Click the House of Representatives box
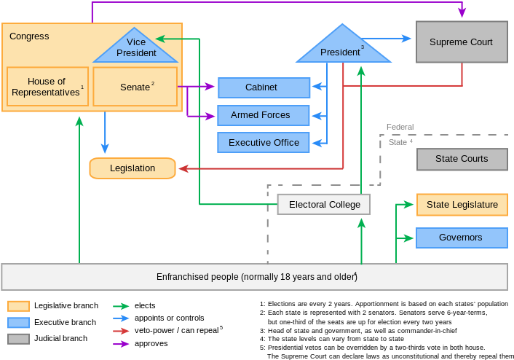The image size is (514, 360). pos(47,87)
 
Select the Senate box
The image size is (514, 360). pos(135,87)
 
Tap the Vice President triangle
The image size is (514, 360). pos(136,49)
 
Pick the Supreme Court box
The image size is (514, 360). pos(461,42)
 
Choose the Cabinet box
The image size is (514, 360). pos(264,87)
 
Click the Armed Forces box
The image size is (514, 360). pos(264,115)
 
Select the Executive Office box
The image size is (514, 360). pos(264,142)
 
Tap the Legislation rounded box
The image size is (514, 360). pos(133,168)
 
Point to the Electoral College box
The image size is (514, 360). pos(324,204)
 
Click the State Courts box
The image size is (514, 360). pos(462,159)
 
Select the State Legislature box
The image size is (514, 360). pos(462,205)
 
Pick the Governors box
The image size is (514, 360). pos(462,238)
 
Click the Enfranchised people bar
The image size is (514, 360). pos(255,277)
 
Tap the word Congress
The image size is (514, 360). pos(29,36)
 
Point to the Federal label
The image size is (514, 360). pos(400,127)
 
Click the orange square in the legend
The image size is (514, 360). pos(19,306)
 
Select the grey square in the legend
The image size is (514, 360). pos(19,339)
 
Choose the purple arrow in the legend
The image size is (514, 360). pos(121,344)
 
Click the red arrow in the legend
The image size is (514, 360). pos(121,331)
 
